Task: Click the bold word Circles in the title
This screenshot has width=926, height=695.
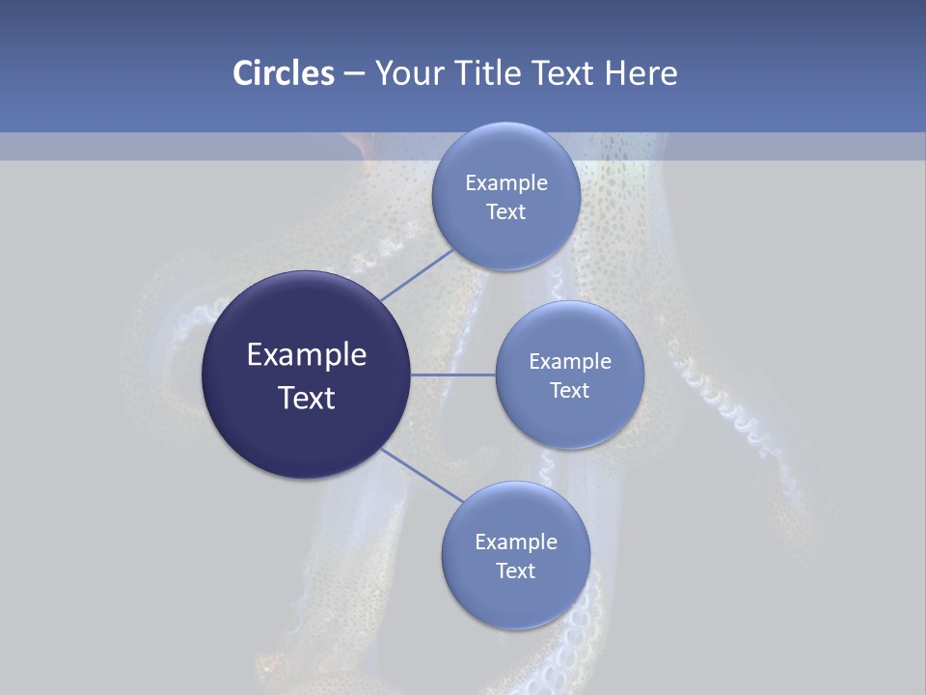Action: pos(283,73)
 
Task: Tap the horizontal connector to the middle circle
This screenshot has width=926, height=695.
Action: pos(452,375)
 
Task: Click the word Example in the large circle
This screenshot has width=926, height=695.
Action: pos(307,355)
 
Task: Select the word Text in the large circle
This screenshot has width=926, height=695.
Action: pos(307,398)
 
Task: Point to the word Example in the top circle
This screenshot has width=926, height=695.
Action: pos(506,182)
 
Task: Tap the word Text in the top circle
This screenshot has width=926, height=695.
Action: pos(506,212)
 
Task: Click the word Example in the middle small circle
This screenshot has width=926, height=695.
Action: pos(570,361)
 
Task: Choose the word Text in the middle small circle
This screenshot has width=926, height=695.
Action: pos(570,390)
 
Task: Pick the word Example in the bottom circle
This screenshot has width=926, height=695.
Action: pos(516,542)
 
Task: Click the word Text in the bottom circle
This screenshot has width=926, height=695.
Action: pos(516,570)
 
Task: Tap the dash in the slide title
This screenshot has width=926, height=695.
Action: pos(354,74)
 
